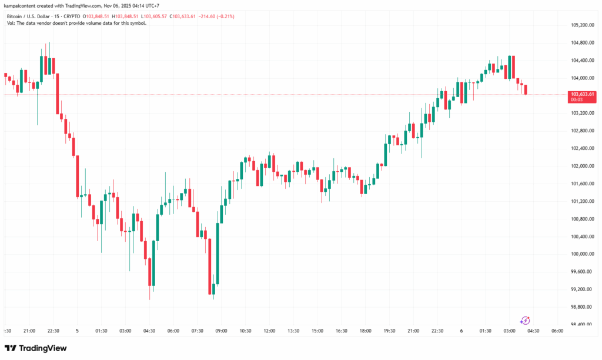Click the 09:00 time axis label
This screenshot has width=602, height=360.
coord(221,331)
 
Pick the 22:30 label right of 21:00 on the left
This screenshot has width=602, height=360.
coord(53,331)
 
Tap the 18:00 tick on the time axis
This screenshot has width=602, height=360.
coord(365,331)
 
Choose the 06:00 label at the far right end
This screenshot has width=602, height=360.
coord(557,331)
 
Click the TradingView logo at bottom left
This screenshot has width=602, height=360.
coord(36,348)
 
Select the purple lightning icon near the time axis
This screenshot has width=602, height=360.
coord(525,321)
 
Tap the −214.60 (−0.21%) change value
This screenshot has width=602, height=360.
coord(217,16)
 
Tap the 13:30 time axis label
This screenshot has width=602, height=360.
coord(293,331)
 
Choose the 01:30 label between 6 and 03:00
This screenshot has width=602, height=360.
coord(485,331)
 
